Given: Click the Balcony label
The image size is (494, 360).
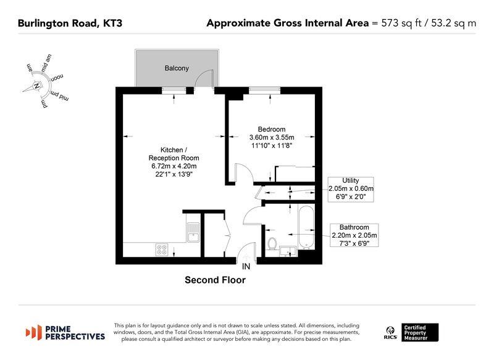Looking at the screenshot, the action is tap(177, 68).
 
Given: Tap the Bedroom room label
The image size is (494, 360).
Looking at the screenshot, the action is tap(272, 129).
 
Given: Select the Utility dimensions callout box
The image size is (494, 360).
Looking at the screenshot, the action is tap(351, 190).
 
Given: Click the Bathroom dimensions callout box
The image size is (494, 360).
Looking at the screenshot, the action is tap(354, 235).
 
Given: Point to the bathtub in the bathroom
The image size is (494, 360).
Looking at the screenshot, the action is tap(306, 227).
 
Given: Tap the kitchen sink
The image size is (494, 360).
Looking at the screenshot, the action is tap(193, 232).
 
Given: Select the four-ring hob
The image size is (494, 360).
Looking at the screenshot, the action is tap(162, 249).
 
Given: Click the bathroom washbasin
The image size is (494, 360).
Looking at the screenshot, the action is tap(288, 251).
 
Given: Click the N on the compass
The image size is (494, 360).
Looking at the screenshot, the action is tap(37, 86).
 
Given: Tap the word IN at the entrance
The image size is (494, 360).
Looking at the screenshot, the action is tap(246, 267).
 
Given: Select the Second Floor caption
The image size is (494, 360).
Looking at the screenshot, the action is tap(215, 280).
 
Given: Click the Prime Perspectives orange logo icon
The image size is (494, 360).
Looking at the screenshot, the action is tap(34, 332).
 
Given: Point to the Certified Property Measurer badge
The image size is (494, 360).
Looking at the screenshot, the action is tap(420, 333).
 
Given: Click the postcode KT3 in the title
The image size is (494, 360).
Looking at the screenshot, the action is tap(113, 23).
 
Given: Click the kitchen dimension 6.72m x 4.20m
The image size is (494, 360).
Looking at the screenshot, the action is tap(174, 166).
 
